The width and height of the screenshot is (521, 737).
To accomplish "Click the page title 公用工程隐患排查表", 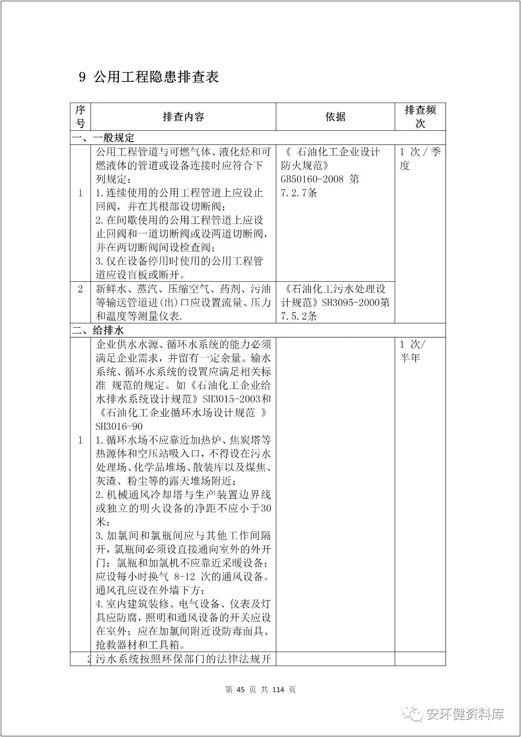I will pos(156,77).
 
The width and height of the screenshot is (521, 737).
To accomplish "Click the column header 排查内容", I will pos(183,117).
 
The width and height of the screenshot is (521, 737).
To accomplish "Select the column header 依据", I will pos(335,117).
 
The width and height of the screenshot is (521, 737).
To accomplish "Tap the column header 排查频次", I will pos(420,116).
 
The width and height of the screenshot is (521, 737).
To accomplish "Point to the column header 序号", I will pos(80,116).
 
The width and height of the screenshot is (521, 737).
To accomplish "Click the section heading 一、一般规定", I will pos(103,138).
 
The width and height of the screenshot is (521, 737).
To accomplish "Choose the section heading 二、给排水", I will pos(98,330).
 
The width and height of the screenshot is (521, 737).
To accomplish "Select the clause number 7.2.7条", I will pos(299,193).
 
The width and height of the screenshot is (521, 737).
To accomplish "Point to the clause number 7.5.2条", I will pos(299,316).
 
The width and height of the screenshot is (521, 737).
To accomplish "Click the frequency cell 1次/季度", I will pos(420,159).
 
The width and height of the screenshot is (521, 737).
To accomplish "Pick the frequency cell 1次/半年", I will pos(413,351).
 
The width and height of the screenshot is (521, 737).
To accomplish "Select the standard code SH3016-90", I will pos(119,426).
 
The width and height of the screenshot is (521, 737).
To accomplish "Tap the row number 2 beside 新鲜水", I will pos(80,289).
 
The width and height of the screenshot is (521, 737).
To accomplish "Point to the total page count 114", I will pos(278,689).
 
